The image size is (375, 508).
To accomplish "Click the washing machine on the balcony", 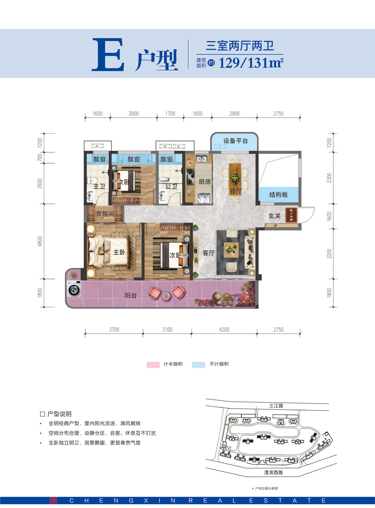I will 74,290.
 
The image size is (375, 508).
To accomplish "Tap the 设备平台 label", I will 235,141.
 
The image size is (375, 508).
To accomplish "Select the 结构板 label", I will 279,194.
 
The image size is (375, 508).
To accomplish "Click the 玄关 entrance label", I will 274,216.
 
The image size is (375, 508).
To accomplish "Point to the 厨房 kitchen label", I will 205,182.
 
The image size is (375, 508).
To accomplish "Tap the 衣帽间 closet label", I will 105,214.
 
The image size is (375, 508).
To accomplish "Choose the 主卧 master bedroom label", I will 119,252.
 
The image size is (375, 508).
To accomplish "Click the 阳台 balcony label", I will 131,295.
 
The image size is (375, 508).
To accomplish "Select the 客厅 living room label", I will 208,253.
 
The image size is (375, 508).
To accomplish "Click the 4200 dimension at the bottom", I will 224,330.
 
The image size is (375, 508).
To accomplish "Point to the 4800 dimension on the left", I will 40,241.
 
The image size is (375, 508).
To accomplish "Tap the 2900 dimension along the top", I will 234,114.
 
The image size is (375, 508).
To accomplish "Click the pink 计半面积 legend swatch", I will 153,364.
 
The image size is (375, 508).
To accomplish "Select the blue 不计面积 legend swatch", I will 198,364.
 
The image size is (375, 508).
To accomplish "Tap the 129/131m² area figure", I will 251,63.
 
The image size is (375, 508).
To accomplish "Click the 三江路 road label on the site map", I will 276,406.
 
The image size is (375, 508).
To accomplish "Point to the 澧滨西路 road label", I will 273,473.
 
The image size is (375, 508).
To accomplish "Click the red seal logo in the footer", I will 54,500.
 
